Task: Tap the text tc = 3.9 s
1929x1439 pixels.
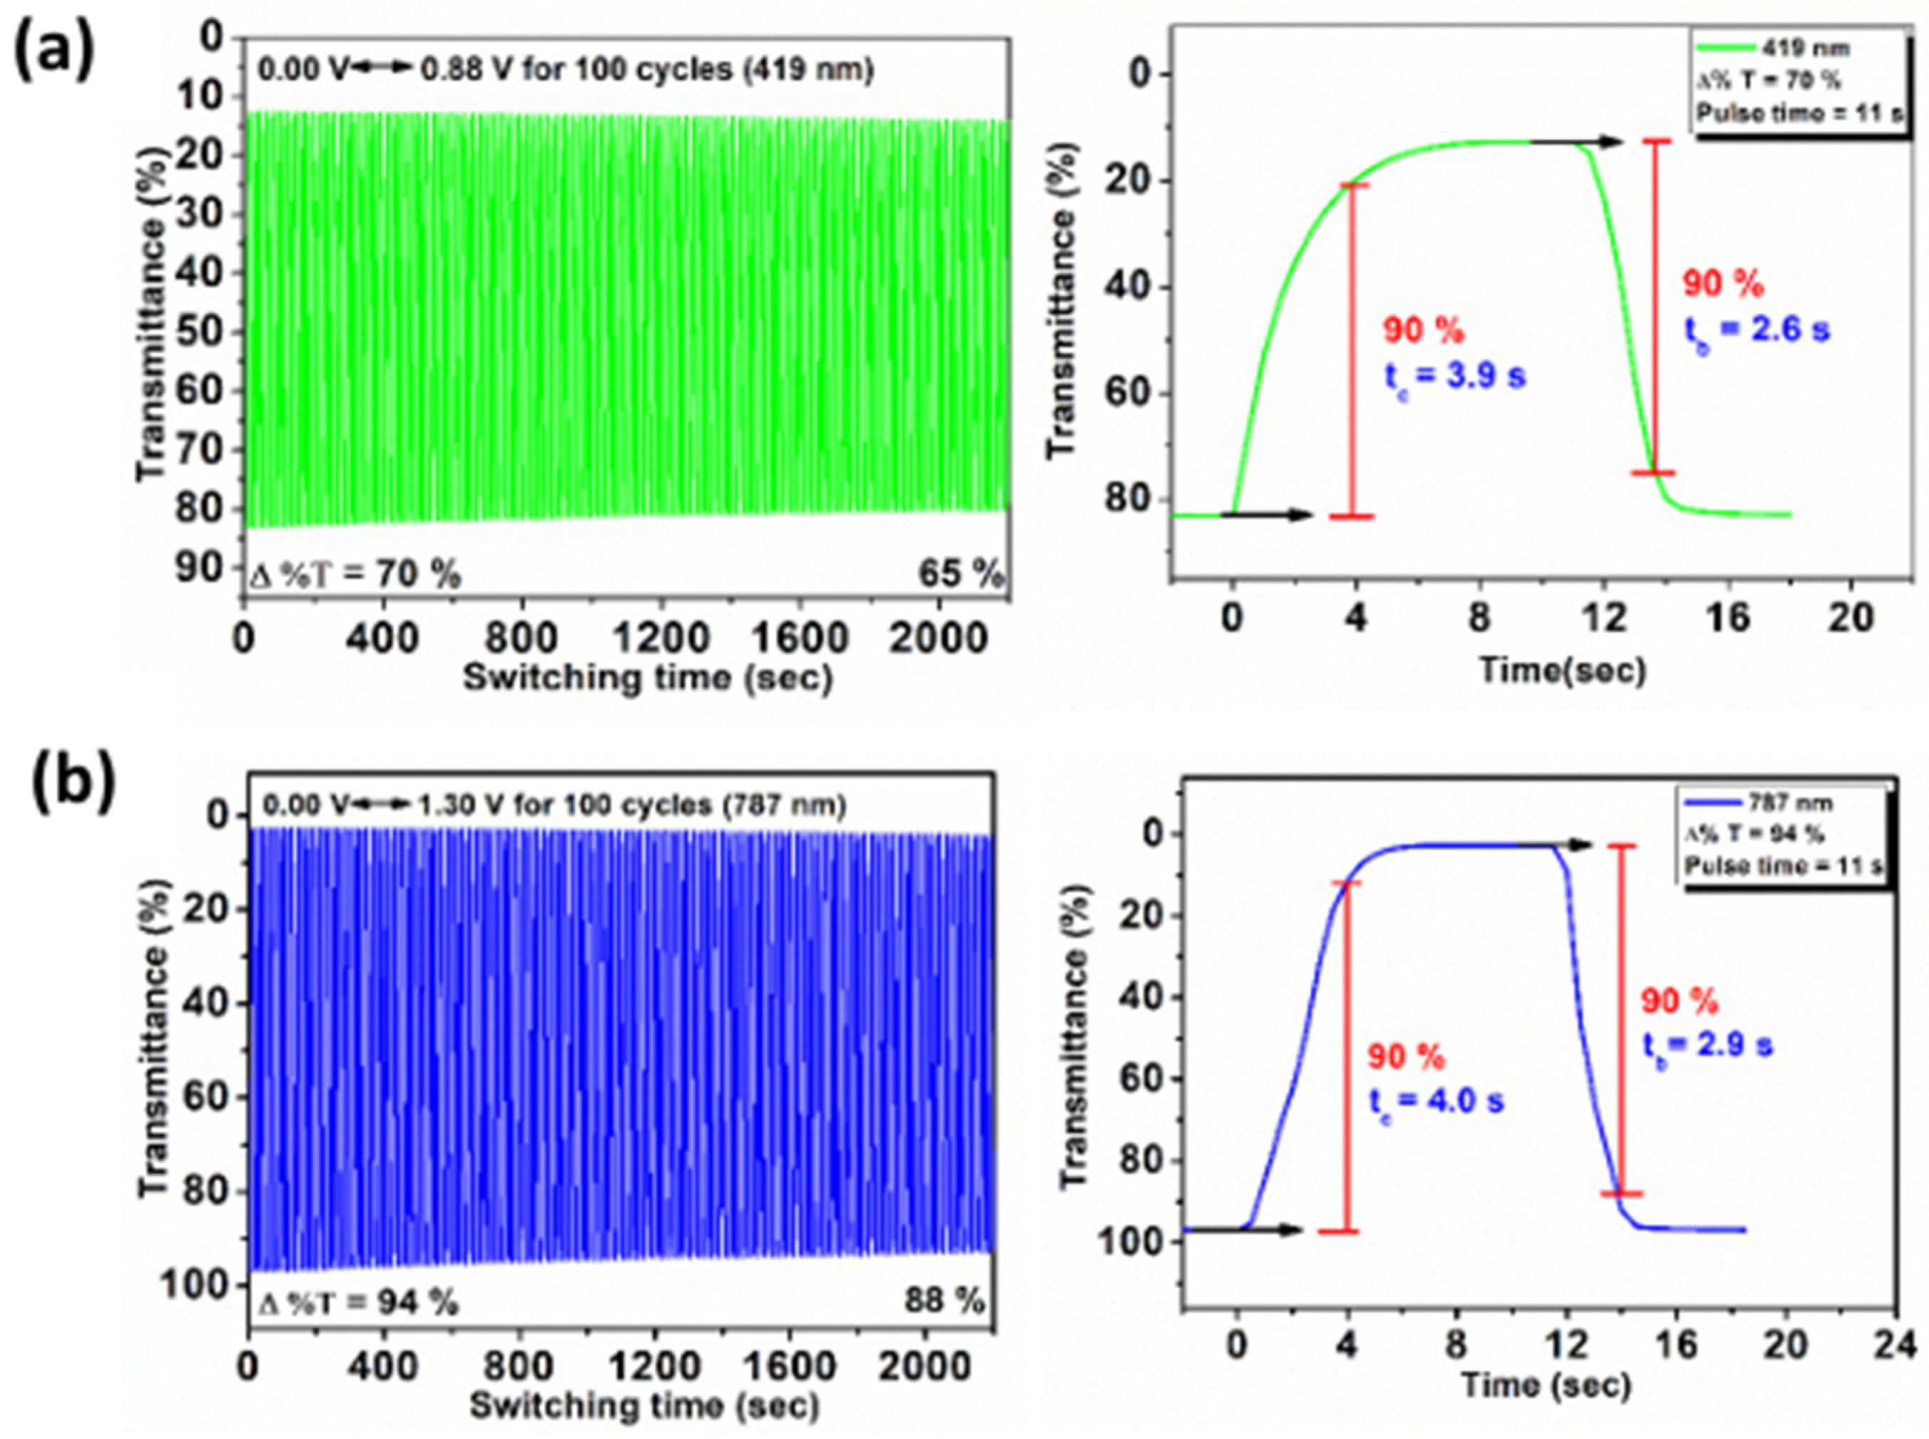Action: [x=1455, y=376]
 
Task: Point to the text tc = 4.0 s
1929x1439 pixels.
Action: [x=1436, y=1101]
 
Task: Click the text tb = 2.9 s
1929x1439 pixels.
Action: [x=1708, y=1045]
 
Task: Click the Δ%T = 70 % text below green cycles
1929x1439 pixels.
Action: [x=355, y=575]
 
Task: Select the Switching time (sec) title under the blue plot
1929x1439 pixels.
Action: [x=645, y=1405]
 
